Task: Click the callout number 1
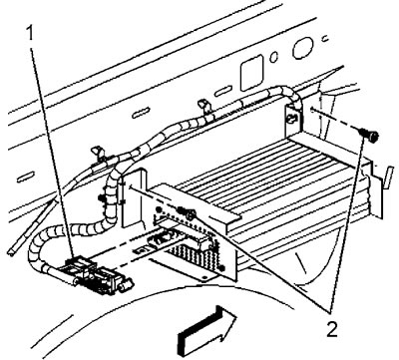pos(31,34)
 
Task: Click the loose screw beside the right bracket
pos(370,136)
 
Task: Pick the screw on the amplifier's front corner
pos(187,212)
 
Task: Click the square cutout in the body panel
pos(252,73)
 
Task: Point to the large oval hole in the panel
pos(302,48)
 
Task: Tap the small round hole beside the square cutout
pos(273,58)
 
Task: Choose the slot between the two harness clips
pos(142,112)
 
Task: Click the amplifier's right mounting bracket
pos(294,118)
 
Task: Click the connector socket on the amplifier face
pos(162,240)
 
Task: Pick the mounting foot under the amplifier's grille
pos(203,276)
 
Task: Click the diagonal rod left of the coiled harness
pos(32,227)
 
